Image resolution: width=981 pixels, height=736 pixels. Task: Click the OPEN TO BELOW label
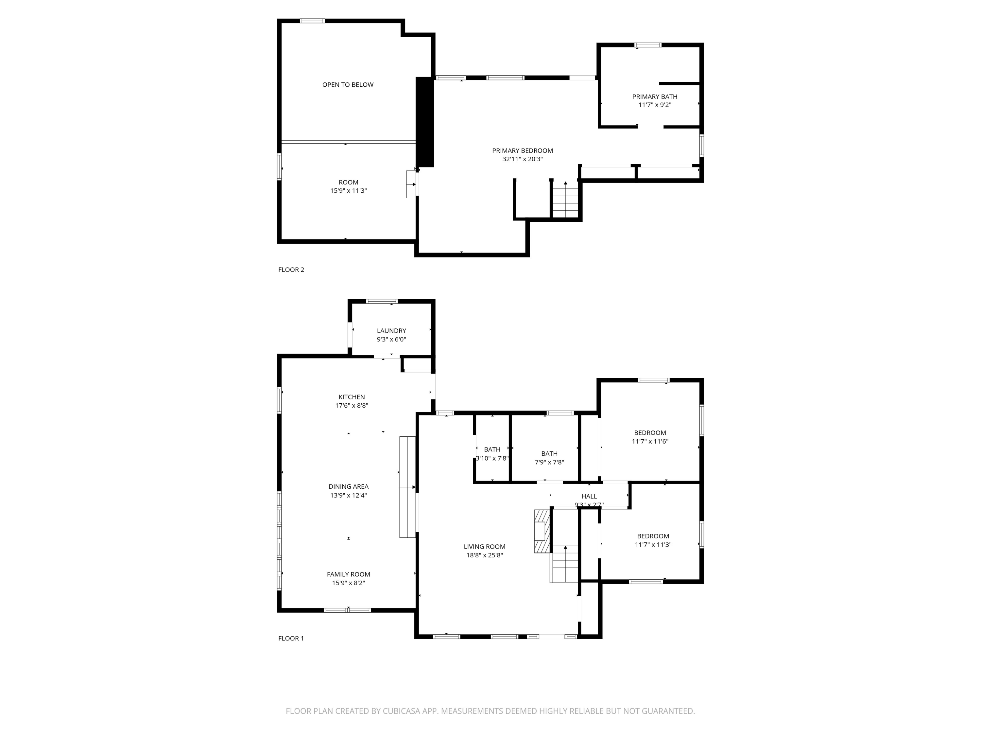pos(348,85)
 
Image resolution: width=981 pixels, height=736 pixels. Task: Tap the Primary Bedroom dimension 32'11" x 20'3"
pos(523,159)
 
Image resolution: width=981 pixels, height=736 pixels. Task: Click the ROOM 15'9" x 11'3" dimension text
pos(348,191)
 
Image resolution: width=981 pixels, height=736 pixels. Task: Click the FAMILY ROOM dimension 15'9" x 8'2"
pos(348,583)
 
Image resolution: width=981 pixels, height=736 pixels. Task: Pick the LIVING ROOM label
pos(484,547)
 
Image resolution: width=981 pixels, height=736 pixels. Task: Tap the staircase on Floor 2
pos(565,201)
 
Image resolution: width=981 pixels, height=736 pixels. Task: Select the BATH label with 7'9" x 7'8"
pos(549,453)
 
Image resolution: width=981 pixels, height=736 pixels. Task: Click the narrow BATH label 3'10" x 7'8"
pos(492,449)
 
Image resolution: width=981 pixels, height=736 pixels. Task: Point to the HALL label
pos(589,496)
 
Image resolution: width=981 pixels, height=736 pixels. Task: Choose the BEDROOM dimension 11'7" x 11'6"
pos(650,441)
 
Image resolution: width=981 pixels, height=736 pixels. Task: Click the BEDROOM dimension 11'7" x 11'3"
pos(653,545)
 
